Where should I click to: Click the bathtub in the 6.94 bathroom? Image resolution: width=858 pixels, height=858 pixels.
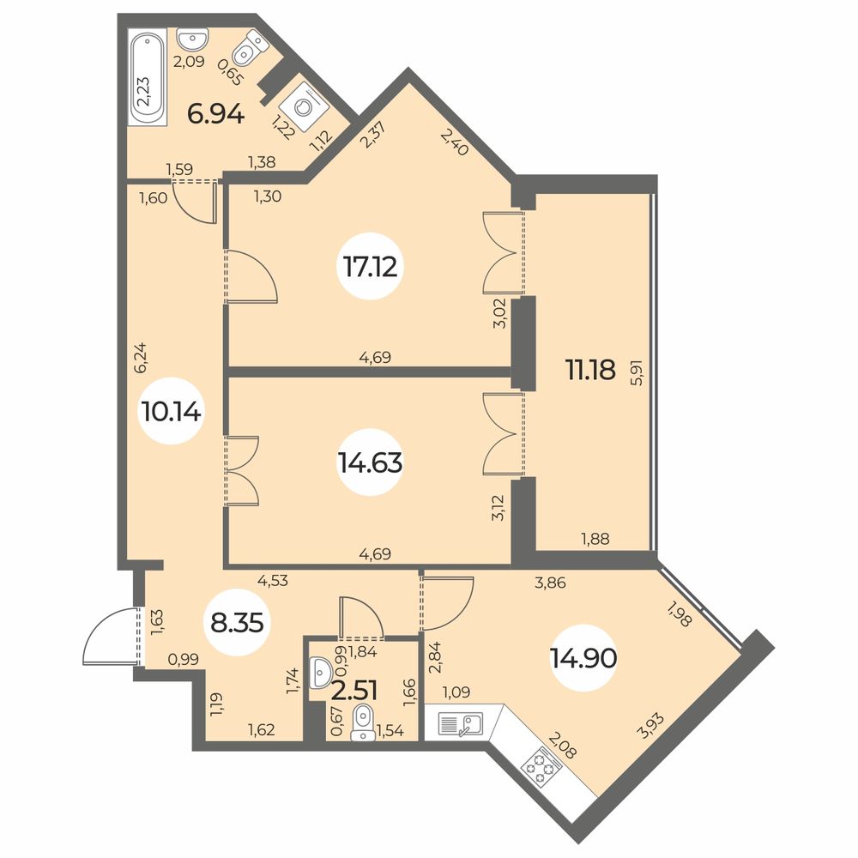point(146,78)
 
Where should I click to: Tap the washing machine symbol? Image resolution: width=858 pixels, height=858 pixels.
point(303,107)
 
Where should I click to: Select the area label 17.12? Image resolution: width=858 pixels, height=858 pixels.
point(371,268)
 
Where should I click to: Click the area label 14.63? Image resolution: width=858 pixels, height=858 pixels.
point(371,463)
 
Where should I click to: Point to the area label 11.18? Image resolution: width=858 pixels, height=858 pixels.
point(590,370)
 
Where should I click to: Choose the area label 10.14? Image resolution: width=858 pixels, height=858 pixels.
point(172,411)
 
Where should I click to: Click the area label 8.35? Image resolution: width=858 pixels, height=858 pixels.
point(237,622)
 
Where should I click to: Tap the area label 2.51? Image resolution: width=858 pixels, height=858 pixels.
point(354,691)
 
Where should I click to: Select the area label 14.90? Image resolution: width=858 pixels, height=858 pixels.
point(583,658)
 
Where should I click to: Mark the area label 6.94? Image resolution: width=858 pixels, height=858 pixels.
point(215,114)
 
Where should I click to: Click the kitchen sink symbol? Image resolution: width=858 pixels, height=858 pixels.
point(460,724)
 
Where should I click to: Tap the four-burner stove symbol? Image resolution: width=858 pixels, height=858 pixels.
point(541,766)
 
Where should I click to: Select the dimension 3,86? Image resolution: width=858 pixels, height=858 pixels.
point(550,583)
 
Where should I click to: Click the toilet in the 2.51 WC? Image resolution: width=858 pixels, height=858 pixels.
point(361,722)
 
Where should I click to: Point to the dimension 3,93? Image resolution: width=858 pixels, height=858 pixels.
point(652,725)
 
